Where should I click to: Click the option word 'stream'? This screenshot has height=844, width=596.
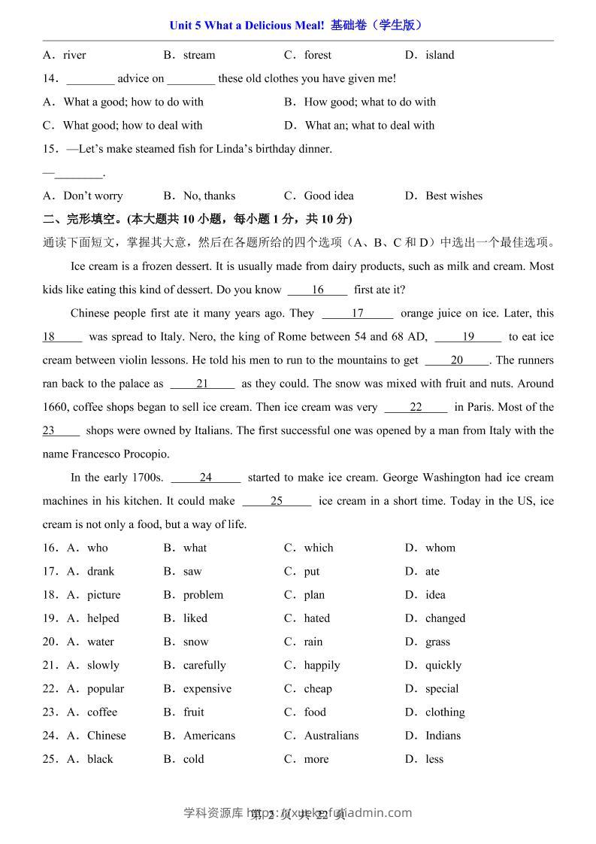(199, 55)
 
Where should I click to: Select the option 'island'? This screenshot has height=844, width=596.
(440, 55)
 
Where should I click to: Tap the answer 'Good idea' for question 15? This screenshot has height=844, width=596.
(328, 196)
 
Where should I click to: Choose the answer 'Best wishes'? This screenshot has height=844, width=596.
(454, 196)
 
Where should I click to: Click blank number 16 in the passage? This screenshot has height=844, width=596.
(317, 290)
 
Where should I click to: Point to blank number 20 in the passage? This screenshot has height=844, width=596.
(457, 360)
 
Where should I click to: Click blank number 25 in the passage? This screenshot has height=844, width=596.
(277, 501)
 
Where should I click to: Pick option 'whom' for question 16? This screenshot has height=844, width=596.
(440, 548)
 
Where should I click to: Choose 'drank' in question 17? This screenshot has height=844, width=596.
(101, 572)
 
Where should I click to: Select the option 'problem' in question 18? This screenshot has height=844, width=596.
(203, 595)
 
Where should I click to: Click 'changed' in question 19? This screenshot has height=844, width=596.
(445, 618)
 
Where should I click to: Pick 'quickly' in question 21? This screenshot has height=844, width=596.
(443, 665)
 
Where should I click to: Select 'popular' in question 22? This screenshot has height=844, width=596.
(105, 689)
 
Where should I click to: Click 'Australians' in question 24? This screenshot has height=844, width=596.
(331, 736)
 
